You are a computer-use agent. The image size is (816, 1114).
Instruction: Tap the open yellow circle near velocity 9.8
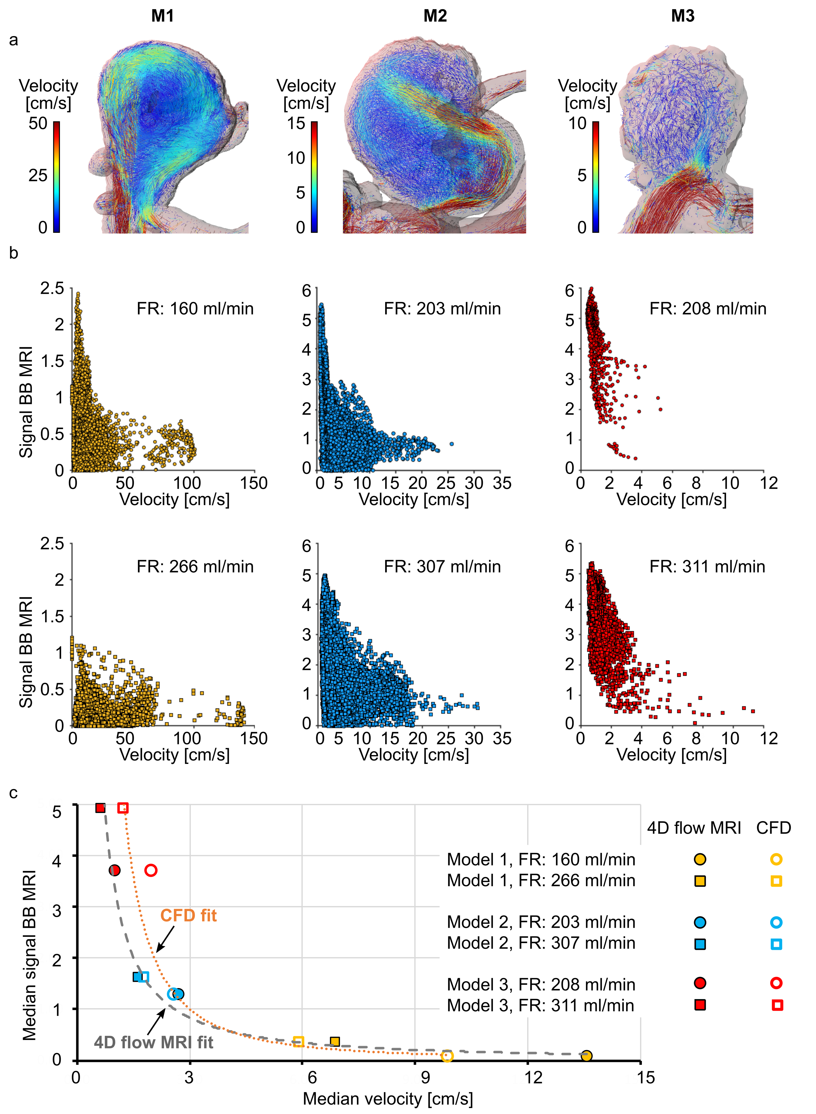(x=447, y=1056)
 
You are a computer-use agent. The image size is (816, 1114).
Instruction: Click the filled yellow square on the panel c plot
(x=335, y=1042)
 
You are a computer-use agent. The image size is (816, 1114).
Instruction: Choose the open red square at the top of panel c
(x=123, y=808)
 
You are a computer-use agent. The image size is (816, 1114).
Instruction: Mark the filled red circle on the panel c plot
(x=114, y=870)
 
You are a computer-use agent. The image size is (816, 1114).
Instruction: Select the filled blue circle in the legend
(x=700, y=922)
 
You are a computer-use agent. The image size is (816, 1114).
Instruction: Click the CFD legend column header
(x=774, y=828)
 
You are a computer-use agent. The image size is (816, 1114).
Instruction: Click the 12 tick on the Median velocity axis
(x=533, y=1078)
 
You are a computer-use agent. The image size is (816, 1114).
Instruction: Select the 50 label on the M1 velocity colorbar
(x=38, y=124)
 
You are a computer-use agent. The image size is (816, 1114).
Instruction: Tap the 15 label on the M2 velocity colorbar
(x=296, y=124)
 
